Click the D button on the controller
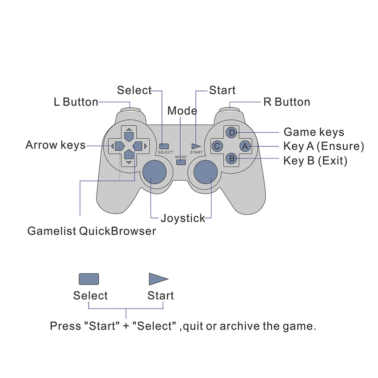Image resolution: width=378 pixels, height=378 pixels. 232,132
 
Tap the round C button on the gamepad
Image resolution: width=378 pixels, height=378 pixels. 217,146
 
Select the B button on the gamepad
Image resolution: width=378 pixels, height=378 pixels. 232,159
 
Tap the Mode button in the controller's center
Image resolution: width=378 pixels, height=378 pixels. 181,163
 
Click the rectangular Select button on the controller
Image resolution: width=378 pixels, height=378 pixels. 164,146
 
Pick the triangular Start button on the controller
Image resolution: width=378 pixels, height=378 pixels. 196,146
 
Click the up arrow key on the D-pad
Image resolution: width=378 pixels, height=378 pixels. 129,135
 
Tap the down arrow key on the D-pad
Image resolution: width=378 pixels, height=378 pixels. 129,155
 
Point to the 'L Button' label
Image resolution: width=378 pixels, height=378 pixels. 76,102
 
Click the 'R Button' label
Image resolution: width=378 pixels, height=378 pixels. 287,102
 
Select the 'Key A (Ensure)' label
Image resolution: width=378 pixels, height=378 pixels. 324,146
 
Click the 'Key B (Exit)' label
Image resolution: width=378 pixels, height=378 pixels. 315,161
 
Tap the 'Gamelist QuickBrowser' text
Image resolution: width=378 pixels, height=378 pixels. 91,231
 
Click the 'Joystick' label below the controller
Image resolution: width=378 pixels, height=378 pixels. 183,218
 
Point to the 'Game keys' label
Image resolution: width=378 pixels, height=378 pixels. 314,132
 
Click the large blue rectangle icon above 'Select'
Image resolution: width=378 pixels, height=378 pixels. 89,279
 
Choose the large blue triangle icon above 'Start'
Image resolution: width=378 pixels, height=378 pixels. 157,279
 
